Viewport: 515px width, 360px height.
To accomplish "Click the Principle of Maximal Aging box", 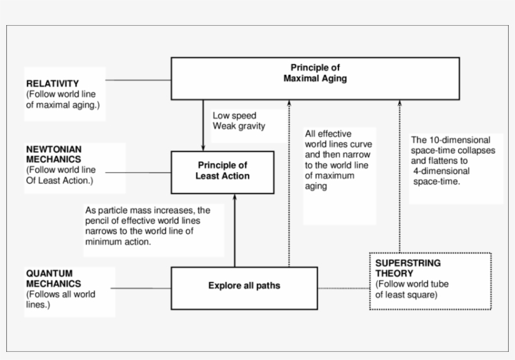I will (314, 78).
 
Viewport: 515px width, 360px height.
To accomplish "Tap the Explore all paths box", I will (244, 287).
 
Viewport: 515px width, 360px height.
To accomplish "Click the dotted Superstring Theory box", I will (430, 281).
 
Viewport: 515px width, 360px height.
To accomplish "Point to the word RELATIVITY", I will (52, 84).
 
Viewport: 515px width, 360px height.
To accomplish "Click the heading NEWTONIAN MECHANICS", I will (53, 155).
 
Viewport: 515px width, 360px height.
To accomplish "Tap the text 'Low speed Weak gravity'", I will (239, 121).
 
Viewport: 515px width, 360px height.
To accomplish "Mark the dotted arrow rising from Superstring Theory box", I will (399, 176).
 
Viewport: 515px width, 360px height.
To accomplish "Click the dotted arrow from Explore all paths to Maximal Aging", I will (290, 182).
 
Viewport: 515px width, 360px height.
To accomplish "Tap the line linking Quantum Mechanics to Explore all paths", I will (143, 288).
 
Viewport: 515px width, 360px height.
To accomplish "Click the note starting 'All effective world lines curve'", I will (337, 160).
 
